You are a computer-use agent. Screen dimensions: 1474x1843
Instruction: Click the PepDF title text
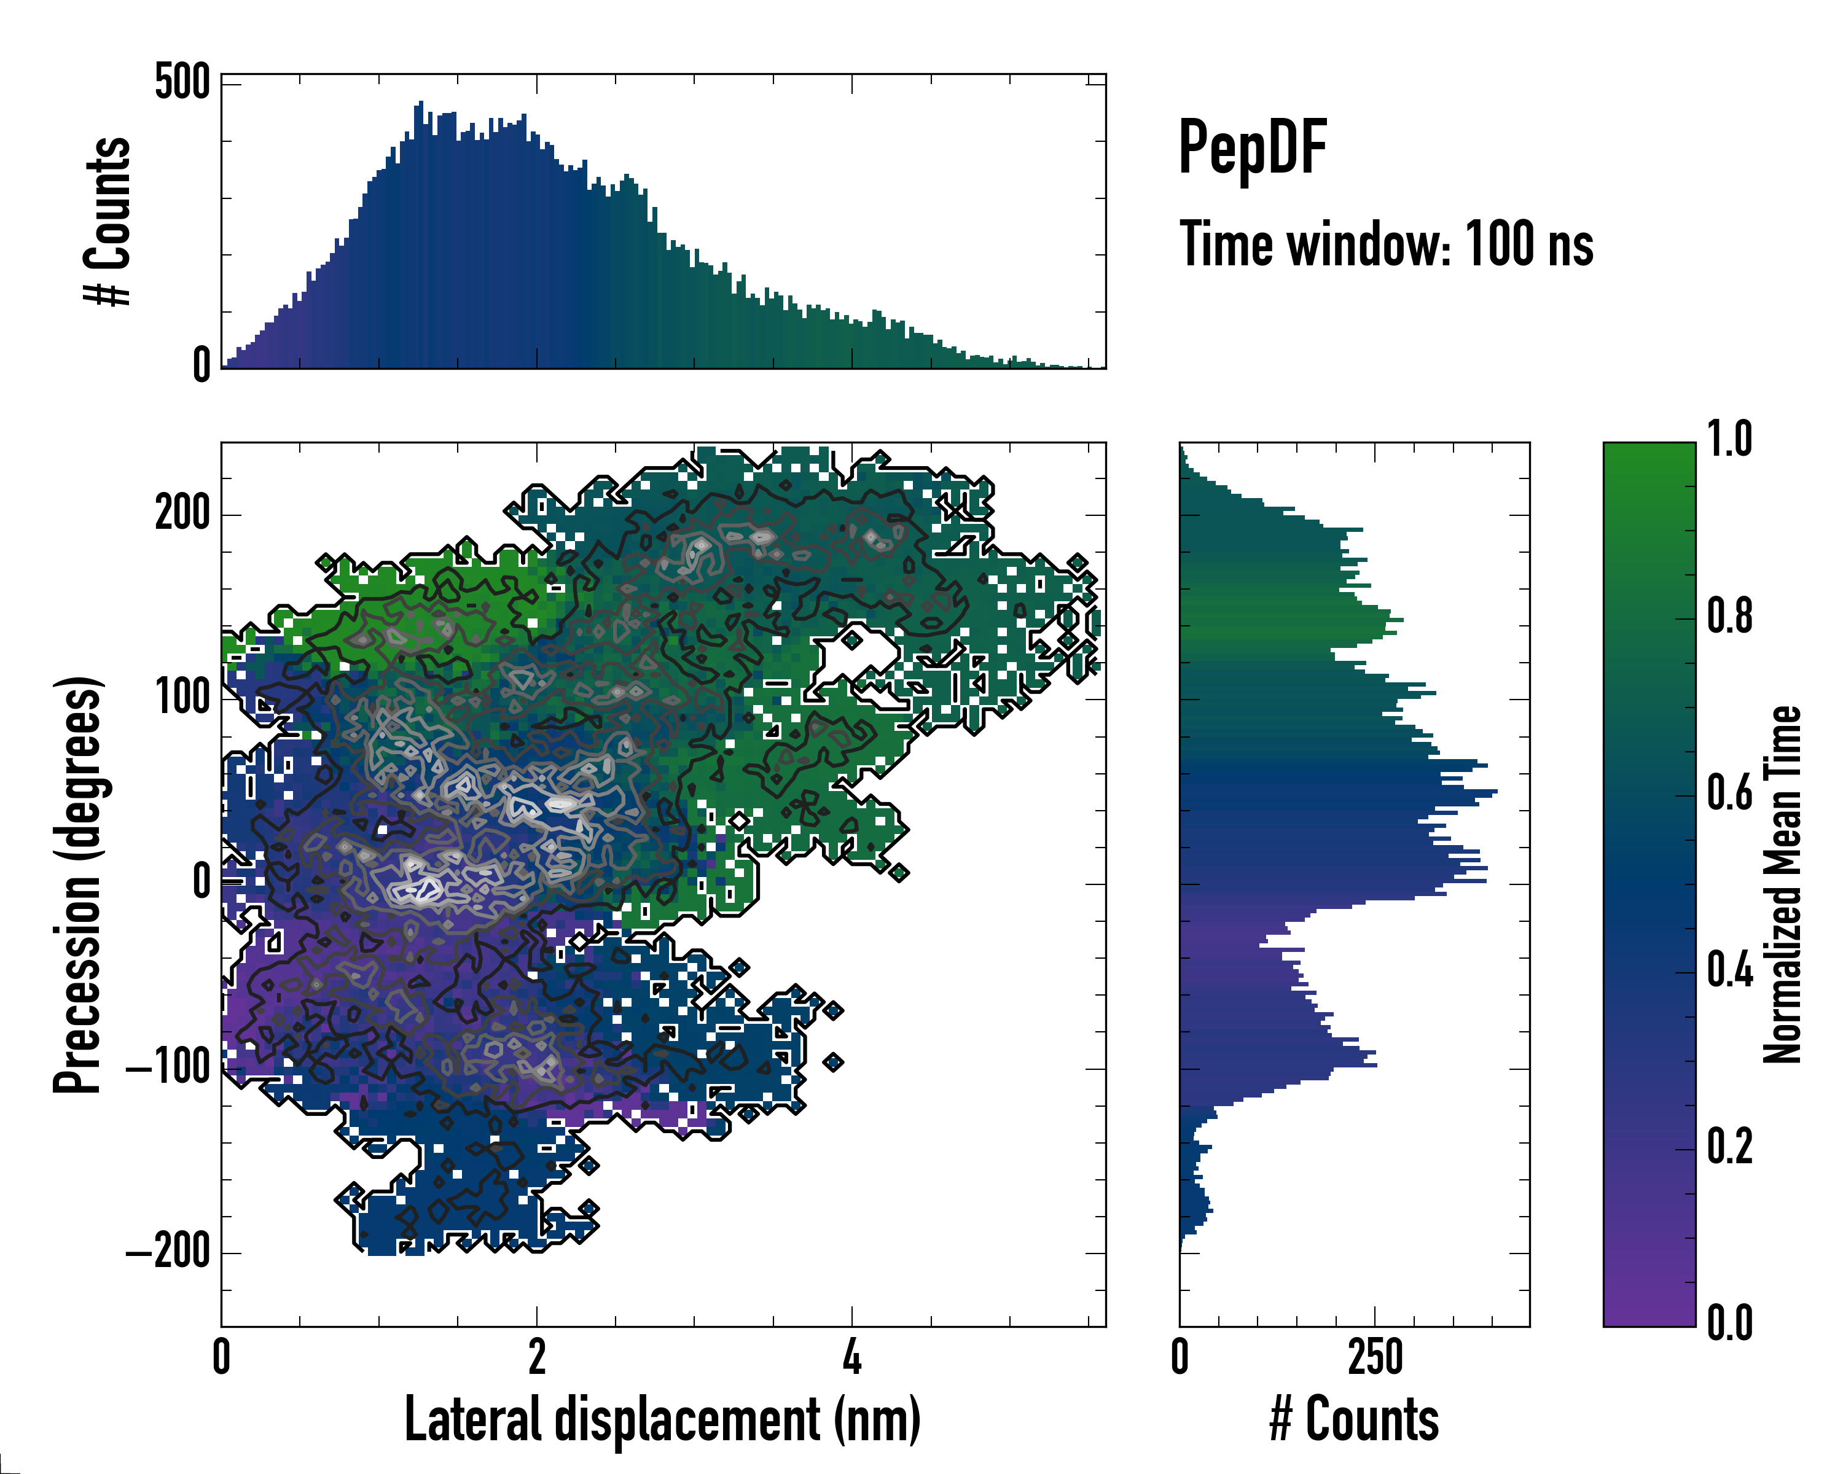pyautogui.click(x=1251, y=149)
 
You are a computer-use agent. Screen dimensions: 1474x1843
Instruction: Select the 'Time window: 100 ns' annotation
pyautogui.click(x=1386, y=245)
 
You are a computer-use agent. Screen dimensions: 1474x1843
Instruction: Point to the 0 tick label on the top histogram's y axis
pyautogui.click(x=202, y=365)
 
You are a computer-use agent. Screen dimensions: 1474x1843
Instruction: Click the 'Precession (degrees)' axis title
pyautogui.click(x=79, y=884)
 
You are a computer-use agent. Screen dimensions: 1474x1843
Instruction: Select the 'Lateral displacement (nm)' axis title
pyautogui.click(x=662, y=1419)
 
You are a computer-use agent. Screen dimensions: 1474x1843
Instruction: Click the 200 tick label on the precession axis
pyautogui.click(x=182, y=515)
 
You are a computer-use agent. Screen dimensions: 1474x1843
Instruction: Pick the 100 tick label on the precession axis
pyautogui.click(x=182, y=698)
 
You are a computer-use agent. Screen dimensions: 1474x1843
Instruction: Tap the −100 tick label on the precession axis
pyautogui.click(x=168, y=1067)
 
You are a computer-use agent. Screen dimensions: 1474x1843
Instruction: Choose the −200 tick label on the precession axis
pyautogui.click(x=168, y=1252)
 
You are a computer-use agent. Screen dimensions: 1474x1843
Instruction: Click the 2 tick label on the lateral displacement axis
pyautogui.click(x=537, y=1356)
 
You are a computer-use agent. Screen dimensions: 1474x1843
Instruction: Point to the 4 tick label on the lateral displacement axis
pyautogui.click(x=852, y=1356)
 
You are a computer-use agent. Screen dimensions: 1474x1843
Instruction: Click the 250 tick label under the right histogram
pyautogui.click(x=1375, y=1356)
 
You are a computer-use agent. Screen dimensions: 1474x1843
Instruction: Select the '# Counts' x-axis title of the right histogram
pyautogui.click(x=1354, y=1419)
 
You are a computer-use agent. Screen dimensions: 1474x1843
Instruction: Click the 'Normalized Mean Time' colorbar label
pyautogui.click(x=1783, y=884)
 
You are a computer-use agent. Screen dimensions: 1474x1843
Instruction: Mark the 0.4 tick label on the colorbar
pyautogui.click(x=1729, y=972)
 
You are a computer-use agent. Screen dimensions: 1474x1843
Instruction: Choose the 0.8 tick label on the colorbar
pyautogui.click(x=1729, y=617)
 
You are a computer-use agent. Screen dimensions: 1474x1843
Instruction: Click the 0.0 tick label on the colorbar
pyautogui.click(x=1729, y=1324)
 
